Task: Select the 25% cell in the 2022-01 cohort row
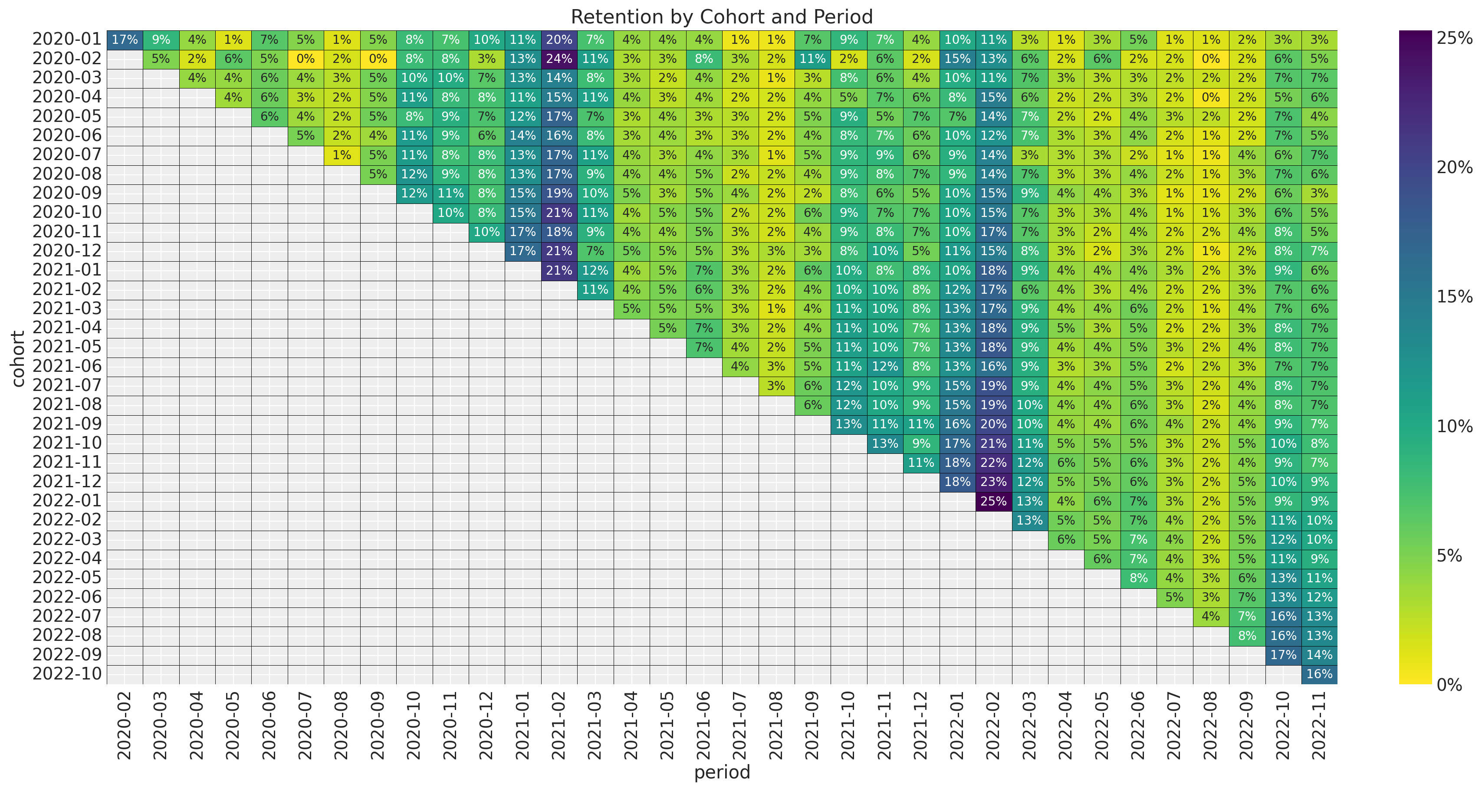click(x=993, y=501)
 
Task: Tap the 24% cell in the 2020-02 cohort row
click(x=559, y=59)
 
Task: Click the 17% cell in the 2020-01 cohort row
click(x=125, y=39)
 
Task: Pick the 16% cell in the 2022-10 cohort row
click(x=1319, y=674)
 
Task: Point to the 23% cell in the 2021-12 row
click(x=993, y=482)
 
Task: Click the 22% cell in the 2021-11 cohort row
click(x=993, y=463)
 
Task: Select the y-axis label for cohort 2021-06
click(x=67, y=367)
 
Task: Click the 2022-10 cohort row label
click(x=67, y=674)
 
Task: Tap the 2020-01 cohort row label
click(x=67, y=39)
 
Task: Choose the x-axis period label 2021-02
click(x=559, y=725)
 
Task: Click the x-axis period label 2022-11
click(x=1319, y=725)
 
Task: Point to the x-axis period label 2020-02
click(x=125, y=725)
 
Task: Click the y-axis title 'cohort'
click(x=18, y=358)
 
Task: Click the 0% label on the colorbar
click(x=1449, y=685)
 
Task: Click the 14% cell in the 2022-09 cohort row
click(x=1319, y=655)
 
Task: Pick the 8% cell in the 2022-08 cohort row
click(x=1247, y=636)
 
